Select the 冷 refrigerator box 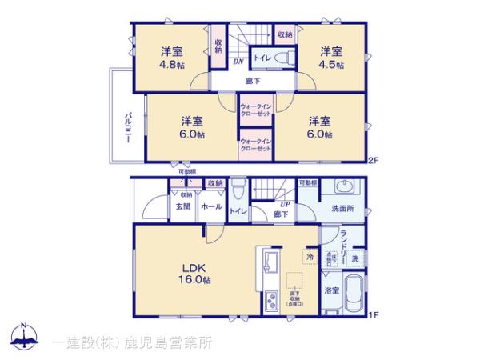click(310, 257)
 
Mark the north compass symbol click(23, 337)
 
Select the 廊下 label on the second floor click(251, 80)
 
